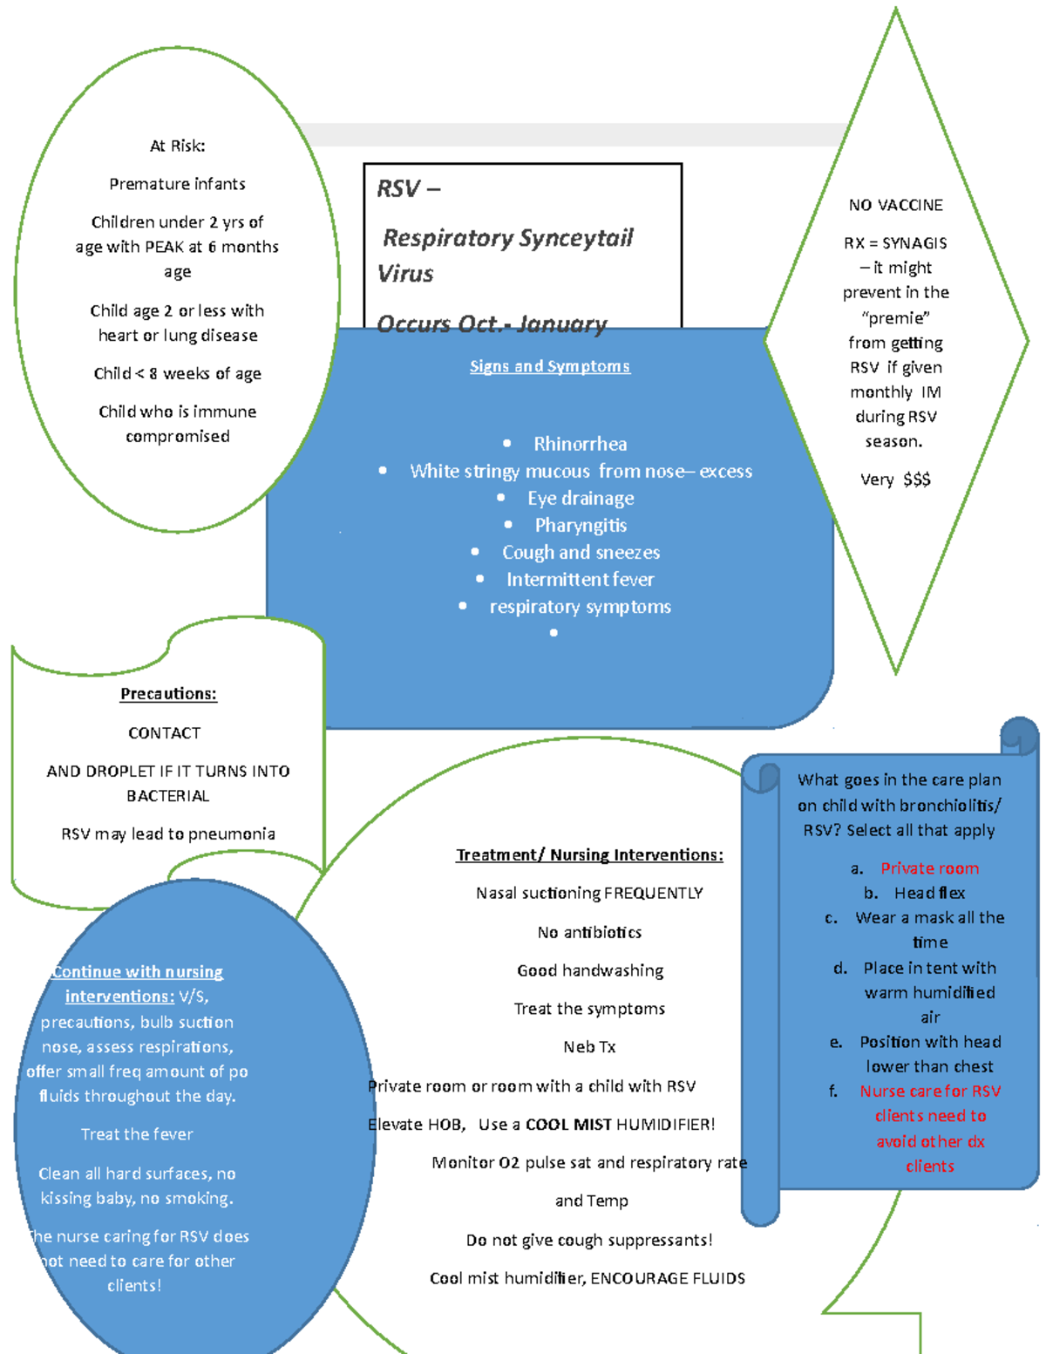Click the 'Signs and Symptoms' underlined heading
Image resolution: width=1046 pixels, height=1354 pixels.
549,366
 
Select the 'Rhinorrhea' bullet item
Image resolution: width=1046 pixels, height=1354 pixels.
580,444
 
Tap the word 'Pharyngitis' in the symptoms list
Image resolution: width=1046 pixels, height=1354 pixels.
581,525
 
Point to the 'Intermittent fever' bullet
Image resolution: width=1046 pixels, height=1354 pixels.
580,579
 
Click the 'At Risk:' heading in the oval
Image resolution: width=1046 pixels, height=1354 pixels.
177,146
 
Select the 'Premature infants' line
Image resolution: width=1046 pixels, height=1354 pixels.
177,184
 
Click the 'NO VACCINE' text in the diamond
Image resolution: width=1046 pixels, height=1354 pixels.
895,205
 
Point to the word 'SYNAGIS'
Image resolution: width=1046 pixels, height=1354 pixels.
914,243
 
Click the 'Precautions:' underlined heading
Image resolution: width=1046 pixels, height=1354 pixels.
168,694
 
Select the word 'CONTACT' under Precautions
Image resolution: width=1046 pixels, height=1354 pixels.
164,733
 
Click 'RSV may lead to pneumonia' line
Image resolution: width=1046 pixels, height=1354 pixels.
168,833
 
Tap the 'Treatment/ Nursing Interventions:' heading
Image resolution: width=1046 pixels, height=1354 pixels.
589,854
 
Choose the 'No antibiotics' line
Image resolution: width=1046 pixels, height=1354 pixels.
589,932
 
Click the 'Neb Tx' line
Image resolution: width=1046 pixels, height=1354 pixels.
589,1046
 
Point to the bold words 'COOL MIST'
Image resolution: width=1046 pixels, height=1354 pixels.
568,1124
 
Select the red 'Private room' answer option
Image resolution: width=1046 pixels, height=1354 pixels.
929,868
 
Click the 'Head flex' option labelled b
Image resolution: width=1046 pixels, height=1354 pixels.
929,893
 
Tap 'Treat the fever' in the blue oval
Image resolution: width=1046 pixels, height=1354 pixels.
137,1134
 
